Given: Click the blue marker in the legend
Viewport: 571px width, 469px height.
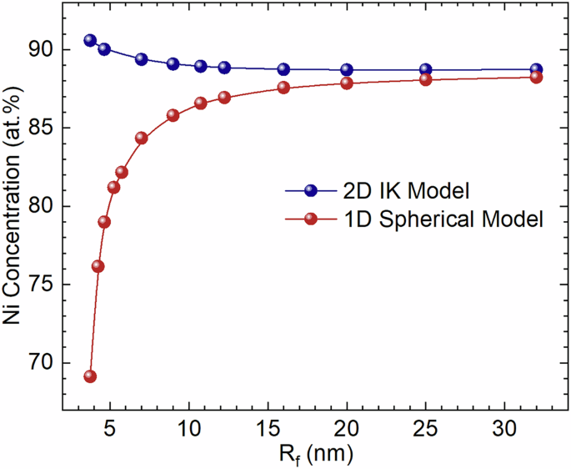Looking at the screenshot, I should pyautogui.click(x=312, y=190).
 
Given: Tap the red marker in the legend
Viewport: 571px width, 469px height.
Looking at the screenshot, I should pyautogui.click(x=312, y=219).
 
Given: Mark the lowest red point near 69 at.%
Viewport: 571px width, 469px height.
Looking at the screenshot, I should pyautogui.click(x=90, y=376).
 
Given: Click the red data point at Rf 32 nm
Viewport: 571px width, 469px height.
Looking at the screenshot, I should pyautogui.click(x=536, y=77).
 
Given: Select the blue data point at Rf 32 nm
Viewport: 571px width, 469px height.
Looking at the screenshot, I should pyautogui.click(x=536, y=69).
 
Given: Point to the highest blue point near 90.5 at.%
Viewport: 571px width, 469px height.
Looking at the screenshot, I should pyautogui.click(x=90, y=40).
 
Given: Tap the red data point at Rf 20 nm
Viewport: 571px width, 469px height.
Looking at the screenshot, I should pyautogui.click(x=347, y=83).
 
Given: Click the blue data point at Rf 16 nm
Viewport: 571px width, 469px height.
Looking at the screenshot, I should pyautogui.click(x=283, y=69).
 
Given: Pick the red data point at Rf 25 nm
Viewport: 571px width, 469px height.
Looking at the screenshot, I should pyautogui.click(x=425, y=79).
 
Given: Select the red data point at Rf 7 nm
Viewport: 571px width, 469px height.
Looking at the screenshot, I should pyautogui.click(x=141, y=138).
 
